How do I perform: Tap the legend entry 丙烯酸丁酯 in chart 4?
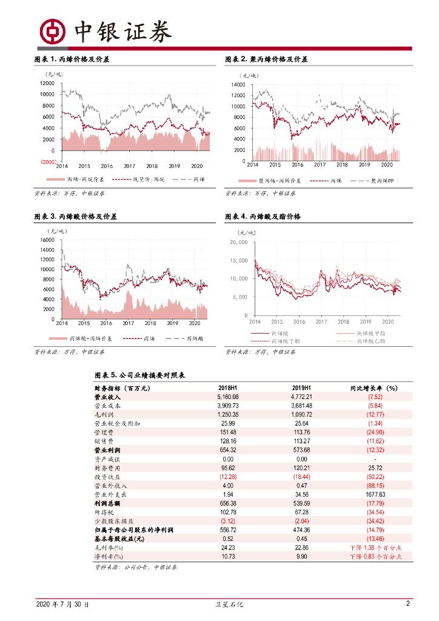coord(283,341)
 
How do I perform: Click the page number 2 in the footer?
coord(408,604)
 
